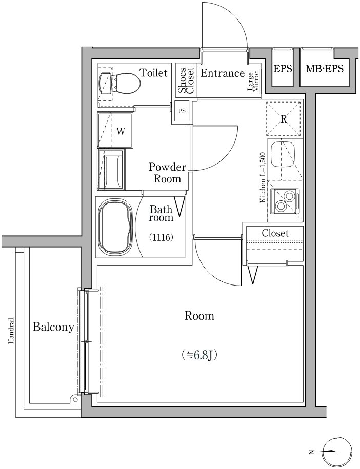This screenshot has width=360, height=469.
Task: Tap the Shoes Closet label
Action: (x=186, y=80)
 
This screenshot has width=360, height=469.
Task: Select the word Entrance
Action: (x=223, y=73)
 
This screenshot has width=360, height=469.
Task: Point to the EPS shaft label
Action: (x=283, y=69)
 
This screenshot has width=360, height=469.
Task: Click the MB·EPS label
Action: (x=325, y=69)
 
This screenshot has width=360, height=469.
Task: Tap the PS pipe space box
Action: (x=182, y=111)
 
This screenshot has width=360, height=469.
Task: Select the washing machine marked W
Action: (x=115, y=130)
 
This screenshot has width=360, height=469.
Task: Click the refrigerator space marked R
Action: (x=283, y=119)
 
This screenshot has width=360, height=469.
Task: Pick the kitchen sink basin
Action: (x=283, y=154)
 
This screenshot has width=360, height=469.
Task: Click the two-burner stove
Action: (x=285, y=201)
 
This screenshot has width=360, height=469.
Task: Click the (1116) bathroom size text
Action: (x=161, y=238)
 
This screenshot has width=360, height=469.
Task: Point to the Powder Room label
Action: (x=167, y=173)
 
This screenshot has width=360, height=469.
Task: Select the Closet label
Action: (x=275, y=233)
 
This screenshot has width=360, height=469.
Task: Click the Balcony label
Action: (x=53, y=327)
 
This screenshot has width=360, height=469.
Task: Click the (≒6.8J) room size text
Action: (x=199, y=355)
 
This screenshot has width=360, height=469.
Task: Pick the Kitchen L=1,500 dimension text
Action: (x=263, y=178)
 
